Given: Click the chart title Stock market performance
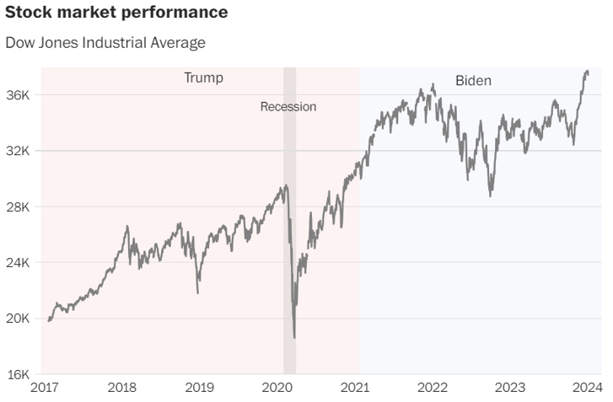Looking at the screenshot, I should click(x=116, y=13).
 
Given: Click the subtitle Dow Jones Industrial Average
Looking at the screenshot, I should click(x=105, y=42).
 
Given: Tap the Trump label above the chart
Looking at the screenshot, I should click(x=204, y=78).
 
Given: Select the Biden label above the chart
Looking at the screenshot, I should click(x=473, y=81).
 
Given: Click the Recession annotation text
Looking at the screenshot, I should click(x=288, y=107).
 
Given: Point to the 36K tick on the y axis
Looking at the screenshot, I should click(x=19, y=95).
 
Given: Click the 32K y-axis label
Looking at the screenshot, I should click(x=19, y=151).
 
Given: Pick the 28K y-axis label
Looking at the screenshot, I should click(x=19, y=207).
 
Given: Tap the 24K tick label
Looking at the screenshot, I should click(x=19, y=263).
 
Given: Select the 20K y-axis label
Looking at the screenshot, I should click(x=19, y=319).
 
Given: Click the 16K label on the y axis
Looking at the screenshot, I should click(x=19, y=374).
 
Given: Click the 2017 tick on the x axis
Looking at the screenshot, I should click(x=46, y=389).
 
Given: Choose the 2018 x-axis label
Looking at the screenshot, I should click(x=122, y=389).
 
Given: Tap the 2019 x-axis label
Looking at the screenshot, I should click(x=200, y=389).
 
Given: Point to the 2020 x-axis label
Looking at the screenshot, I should click(x=277, y=389).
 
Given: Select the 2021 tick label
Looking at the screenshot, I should click(x=355, y=389).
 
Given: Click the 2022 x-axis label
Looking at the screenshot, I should click(x=433, y=389).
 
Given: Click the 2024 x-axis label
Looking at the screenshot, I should click(x=586, y=389).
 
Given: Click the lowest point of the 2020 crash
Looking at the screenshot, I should click(x=294, y=338).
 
